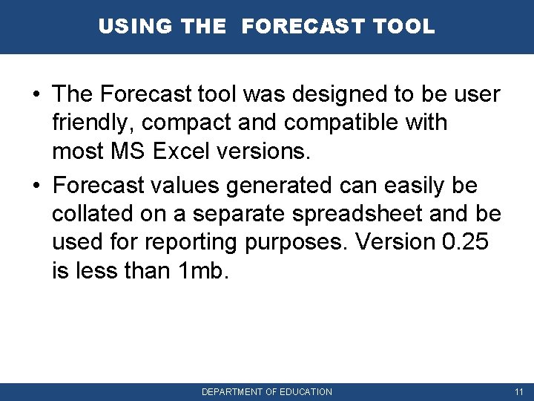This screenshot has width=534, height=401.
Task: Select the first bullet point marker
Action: click(36, 95)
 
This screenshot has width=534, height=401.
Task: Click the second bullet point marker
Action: click(36, 184)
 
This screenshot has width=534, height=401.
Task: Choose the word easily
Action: click(412, 184)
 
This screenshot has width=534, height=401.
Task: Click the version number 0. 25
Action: click(464, 242)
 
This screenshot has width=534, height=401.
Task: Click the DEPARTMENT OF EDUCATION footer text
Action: click(267, 391)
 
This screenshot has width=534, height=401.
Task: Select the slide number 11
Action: click(518, 391)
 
